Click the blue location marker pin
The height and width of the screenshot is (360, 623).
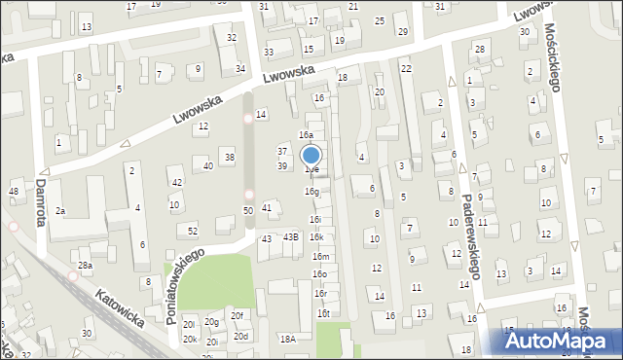coord(311,156)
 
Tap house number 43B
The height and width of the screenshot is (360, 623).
coord(290,236)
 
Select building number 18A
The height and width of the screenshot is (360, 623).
coord(287,339)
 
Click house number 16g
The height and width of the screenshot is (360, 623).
coord(311,192)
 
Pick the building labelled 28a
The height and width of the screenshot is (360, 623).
coord(86,266)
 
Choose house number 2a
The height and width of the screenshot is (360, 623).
coord(60,210)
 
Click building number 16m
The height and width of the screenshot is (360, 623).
coord(320,256)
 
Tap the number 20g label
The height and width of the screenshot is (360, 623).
coord(211,322)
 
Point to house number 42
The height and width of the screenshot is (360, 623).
coord(176,183)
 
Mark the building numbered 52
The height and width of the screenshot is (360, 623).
coord(193,231)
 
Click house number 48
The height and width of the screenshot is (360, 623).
coord(14,191)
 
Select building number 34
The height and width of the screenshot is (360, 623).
coord(240,68)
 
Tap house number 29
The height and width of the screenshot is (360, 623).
coord(403,32)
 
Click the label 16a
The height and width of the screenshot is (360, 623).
coord(306,135)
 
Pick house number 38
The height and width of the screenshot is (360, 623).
coord(229,157)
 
